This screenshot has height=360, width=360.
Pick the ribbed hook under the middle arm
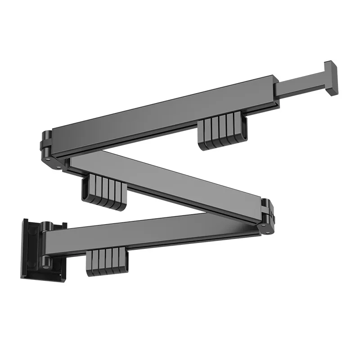coord(103,193)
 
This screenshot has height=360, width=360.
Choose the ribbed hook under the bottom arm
coord(107,262)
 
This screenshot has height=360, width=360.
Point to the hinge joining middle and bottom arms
coord(268,216)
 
